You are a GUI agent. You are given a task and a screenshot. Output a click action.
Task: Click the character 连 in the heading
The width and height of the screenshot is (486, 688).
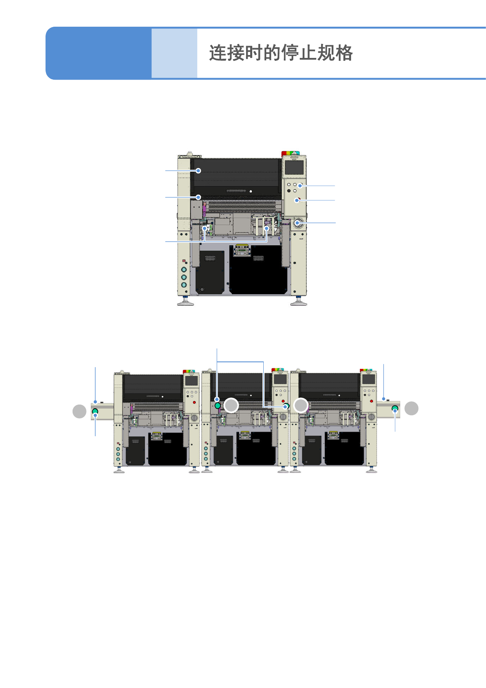(218, 53)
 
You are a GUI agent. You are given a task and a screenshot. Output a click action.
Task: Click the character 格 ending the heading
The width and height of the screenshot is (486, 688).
(344, 53)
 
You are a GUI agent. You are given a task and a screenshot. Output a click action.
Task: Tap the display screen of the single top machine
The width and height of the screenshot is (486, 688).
(294, 168)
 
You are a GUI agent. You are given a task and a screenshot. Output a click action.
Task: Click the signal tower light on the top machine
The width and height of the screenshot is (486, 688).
(290, 153)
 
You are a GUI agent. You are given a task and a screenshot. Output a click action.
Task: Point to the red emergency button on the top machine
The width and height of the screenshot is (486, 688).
(298, 200)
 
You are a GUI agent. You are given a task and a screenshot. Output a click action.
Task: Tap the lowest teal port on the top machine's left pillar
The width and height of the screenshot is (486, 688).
(184, 285)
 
